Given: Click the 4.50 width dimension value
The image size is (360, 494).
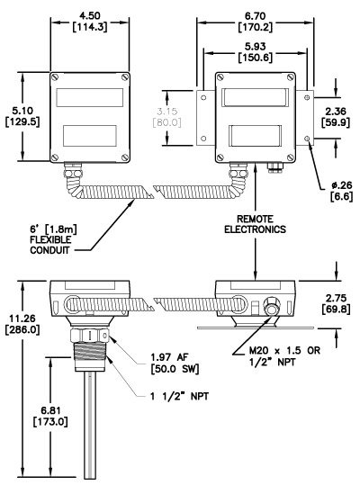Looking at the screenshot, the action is point(90,21).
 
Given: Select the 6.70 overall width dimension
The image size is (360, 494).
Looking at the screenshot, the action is point(256,21).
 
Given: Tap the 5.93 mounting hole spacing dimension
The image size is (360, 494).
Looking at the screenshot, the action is point(256,52).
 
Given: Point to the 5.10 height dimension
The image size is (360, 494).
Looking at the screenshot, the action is point(22,116).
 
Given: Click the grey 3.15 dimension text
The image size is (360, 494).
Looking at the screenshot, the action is point(167,117).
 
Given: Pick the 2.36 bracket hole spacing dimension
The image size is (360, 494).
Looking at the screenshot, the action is point(336,117).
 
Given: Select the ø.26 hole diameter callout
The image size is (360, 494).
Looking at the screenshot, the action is point(342,191).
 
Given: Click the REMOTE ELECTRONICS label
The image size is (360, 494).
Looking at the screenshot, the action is point(255,224).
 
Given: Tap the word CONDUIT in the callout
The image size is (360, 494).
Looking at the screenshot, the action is point(49,250).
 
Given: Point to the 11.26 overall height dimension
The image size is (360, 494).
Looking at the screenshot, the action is point(22,324).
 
